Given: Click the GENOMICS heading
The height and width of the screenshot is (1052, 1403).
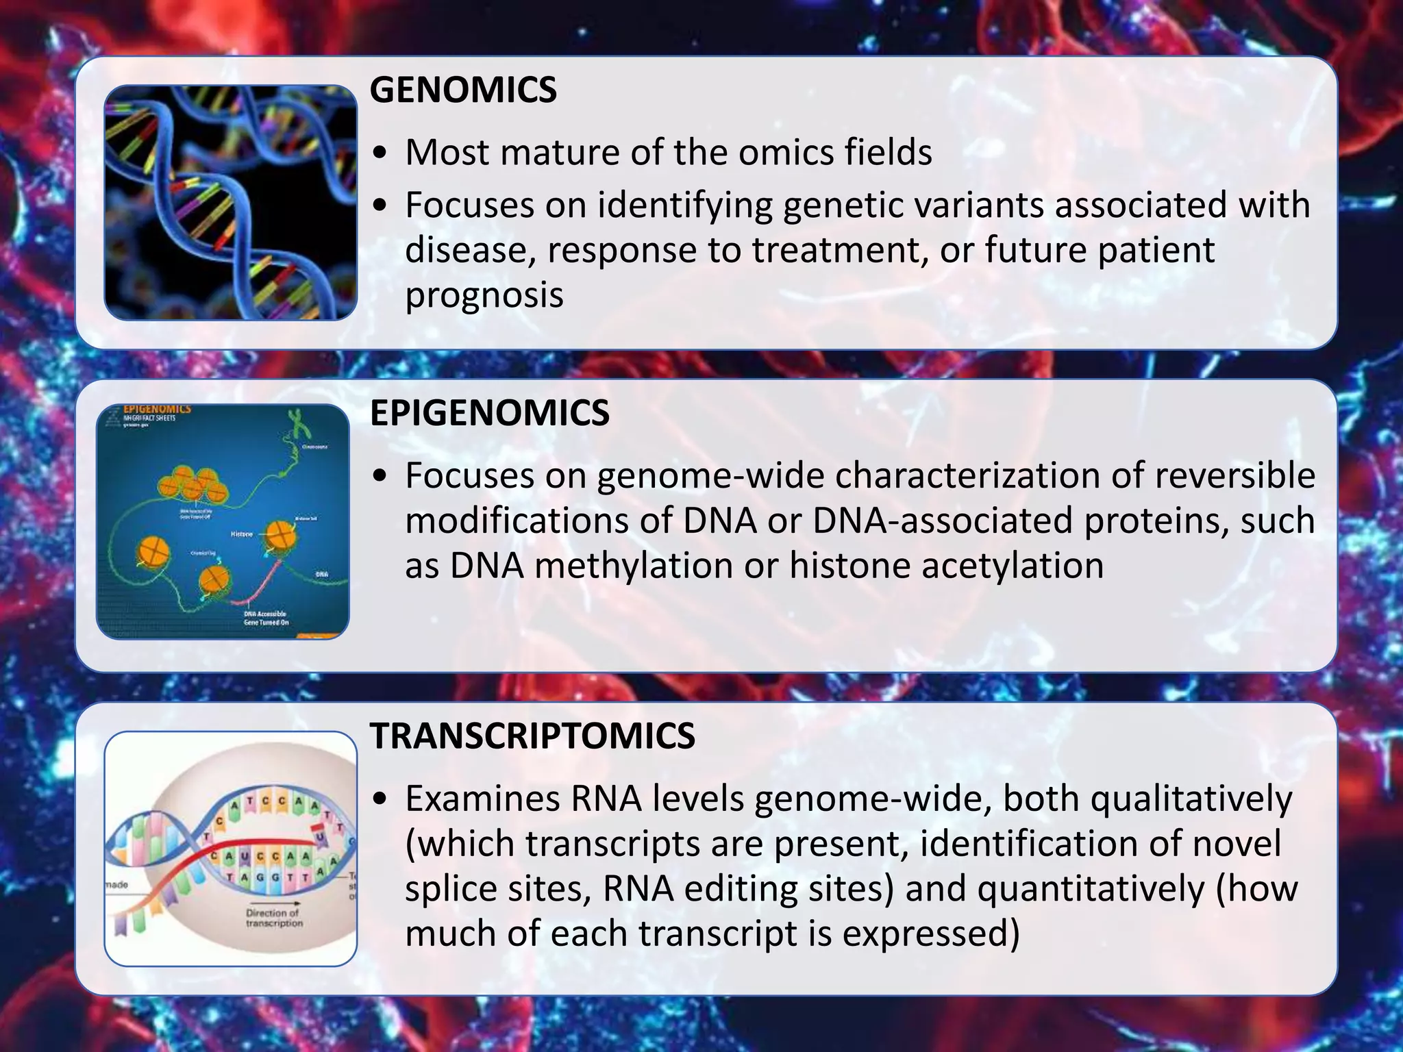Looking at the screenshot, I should [463, 90].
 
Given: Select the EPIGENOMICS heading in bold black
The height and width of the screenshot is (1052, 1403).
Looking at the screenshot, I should [489, 413].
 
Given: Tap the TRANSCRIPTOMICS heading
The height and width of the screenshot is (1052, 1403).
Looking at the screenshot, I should [532, 736].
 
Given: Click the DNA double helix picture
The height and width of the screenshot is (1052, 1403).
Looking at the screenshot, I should [230, 202].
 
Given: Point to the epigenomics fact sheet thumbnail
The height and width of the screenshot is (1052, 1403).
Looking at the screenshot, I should [223, 522].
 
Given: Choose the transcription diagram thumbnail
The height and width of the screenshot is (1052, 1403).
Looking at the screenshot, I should [230, 849].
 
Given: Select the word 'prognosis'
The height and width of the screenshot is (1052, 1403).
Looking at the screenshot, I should [484, 295].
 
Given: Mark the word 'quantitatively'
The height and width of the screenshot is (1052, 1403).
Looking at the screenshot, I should [1090, 889].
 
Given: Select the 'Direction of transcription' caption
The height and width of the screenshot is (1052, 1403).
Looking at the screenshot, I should [273, 918].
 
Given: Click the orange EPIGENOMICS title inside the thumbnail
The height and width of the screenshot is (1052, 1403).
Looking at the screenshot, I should [157, 409].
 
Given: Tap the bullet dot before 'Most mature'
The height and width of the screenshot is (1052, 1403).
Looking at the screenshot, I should [381, 153].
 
